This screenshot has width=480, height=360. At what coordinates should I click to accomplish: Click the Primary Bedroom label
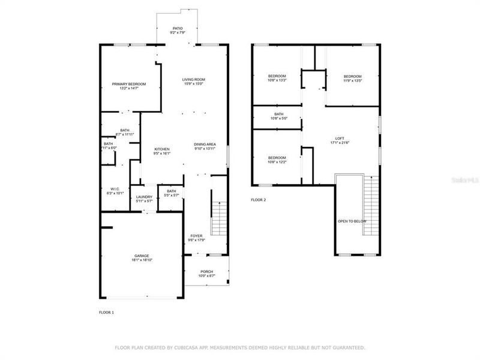[129, 84]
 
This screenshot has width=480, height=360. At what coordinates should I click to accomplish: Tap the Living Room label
[194, 80]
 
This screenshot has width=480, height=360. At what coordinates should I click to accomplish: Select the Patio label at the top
[178, 28]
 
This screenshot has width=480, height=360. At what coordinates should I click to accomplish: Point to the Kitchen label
[163, 149]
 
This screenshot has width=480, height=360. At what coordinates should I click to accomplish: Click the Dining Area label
[205, 145]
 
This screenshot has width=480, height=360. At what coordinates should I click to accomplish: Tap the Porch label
[207, 271]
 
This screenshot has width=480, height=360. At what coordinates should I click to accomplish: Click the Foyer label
[197, 236]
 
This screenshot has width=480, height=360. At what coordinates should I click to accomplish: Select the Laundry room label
[144, 197]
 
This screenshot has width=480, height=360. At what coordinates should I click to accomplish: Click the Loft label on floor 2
[340, 139]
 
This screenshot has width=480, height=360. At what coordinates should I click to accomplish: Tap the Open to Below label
[352, 221]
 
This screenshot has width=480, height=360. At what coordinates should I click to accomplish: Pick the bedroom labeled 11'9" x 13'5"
[353, 76]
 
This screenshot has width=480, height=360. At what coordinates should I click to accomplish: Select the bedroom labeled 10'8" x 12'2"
[277, 158]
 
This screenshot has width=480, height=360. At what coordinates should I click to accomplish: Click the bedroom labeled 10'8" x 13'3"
[277, 76]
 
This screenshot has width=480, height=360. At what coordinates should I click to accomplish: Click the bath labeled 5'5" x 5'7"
[171, 191]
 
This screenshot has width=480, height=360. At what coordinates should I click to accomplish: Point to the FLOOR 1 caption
[106, 313]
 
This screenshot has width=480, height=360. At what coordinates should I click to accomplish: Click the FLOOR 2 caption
[258, 200]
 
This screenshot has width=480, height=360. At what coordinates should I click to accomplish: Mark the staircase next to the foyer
[219, 219]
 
